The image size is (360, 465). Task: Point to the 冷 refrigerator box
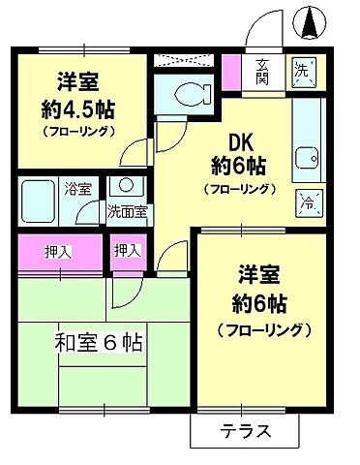click(307, 202)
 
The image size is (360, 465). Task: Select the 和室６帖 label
click(100, 341)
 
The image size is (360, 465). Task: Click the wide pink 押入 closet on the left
click(59, 251)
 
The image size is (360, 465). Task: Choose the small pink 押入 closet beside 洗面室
click(126, 251)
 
